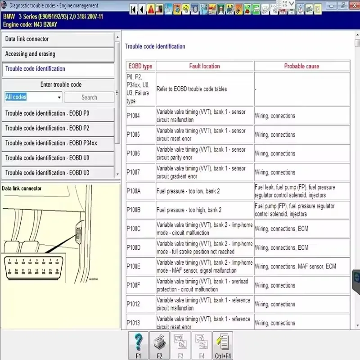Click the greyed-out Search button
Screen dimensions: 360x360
tap(89, 97)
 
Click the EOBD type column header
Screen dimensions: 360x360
tap(140, 66)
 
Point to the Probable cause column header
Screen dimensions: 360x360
tap(301, 66)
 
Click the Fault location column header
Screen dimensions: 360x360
tap(204, 66)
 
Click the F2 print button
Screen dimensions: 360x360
tap(159, 346)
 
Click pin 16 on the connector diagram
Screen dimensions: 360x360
tap(57, 270)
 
